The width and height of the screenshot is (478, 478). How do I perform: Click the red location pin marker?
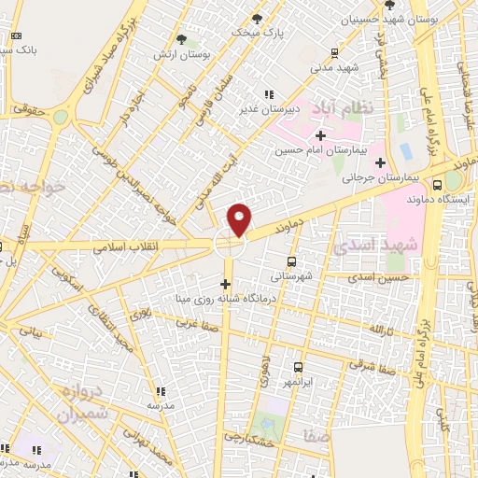tap(240, 219)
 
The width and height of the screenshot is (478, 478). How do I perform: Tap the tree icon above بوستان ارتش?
tap(183, 39)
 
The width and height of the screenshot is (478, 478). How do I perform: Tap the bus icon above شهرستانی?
tap(292, 262)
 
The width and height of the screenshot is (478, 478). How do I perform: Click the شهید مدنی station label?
tap(336, 67)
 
